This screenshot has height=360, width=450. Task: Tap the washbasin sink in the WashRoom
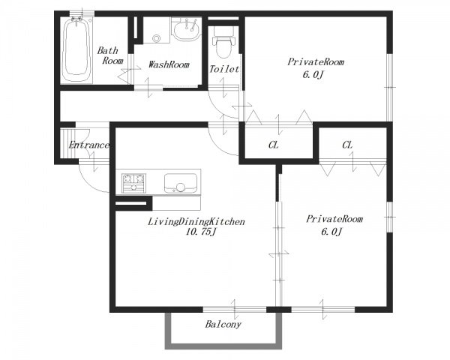point(187,31)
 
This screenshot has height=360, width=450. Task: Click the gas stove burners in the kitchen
point(133,183)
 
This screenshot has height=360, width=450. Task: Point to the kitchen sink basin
point(181,183)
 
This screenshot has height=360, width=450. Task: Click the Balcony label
point(223,325)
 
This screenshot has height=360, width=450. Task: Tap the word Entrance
point(89,145)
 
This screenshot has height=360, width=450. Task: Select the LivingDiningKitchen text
point(196,222)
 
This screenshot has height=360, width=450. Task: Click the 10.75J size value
point(200,232)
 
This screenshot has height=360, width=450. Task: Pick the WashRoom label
point(169,64)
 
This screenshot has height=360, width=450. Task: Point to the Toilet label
point(223,69)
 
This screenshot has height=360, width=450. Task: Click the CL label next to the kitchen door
point(273,145)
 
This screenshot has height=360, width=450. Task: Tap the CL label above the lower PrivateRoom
point(347,145)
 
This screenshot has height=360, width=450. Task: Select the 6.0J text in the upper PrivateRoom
point(313,75)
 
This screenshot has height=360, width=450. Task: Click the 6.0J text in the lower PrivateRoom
point(331,232)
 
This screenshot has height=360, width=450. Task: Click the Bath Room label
point(110,55)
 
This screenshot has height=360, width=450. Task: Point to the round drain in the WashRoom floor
point(157,38)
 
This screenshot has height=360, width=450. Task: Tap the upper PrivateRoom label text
point(316,62)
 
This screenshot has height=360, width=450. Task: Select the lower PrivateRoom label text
point(334,219)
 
